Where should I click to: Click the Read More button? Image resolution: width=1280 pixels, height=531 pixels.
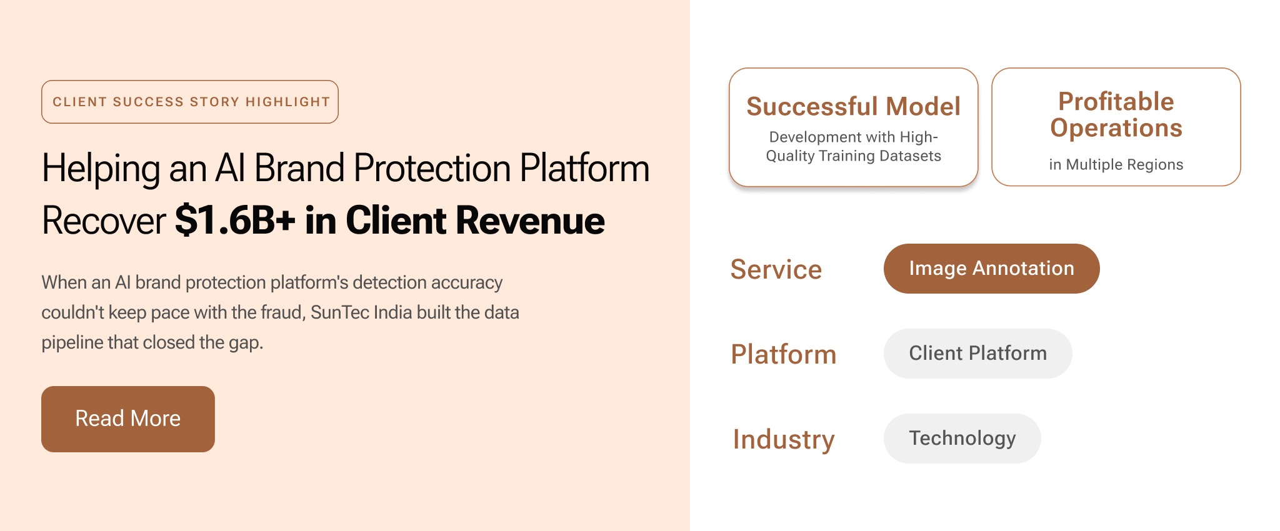point(128,419)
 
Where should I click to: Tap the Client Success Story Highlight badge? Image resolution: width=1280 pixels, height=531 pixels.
point(190,102)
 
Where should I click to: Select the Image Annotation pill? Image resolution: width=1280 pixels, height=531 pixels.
point(991,269)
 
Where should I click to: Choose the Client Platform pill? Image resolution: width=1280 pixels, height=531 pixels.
point(977,354)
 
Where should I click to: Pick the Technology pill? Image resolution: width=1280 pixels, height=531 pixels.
point(962,439)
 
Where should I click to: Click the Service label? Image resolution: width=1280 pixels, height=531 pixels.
point(776,269)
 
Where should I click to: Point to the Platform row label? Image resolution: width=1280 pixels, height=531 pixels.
point(784,354)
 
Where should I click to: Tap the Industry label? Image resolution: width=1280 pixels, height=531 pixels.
point(784,440)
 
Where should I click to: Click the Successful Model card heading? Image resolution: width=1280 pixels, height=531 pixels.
point(854,106)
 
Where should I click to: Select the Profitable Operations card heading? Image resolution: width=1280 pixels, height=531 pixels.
point(1116,114)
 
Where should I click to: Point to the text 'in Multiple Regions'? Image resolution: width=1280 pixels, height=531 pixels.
point(1116,164)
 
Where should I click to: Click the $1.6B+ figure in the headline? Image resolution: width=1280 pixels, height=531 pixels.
point(235,221)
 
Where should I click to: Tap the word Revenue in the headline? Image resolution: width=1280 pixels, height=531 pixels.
point(530,221)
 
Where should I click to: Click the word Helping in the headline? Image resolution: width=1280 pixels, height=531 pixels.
point(101,169)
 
